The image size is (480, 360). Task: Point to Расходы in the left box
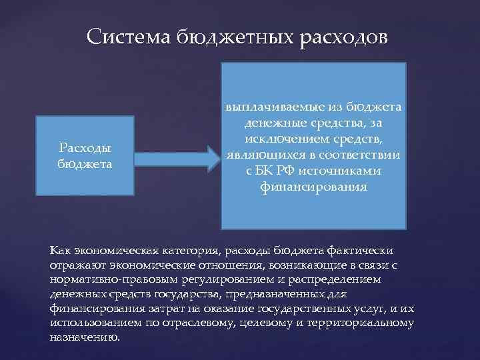tap(85, 149)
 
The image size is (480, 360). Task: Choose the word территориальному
tap(363, 323)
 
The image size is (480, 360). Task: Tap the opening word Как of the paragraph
tap(59, 250)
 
